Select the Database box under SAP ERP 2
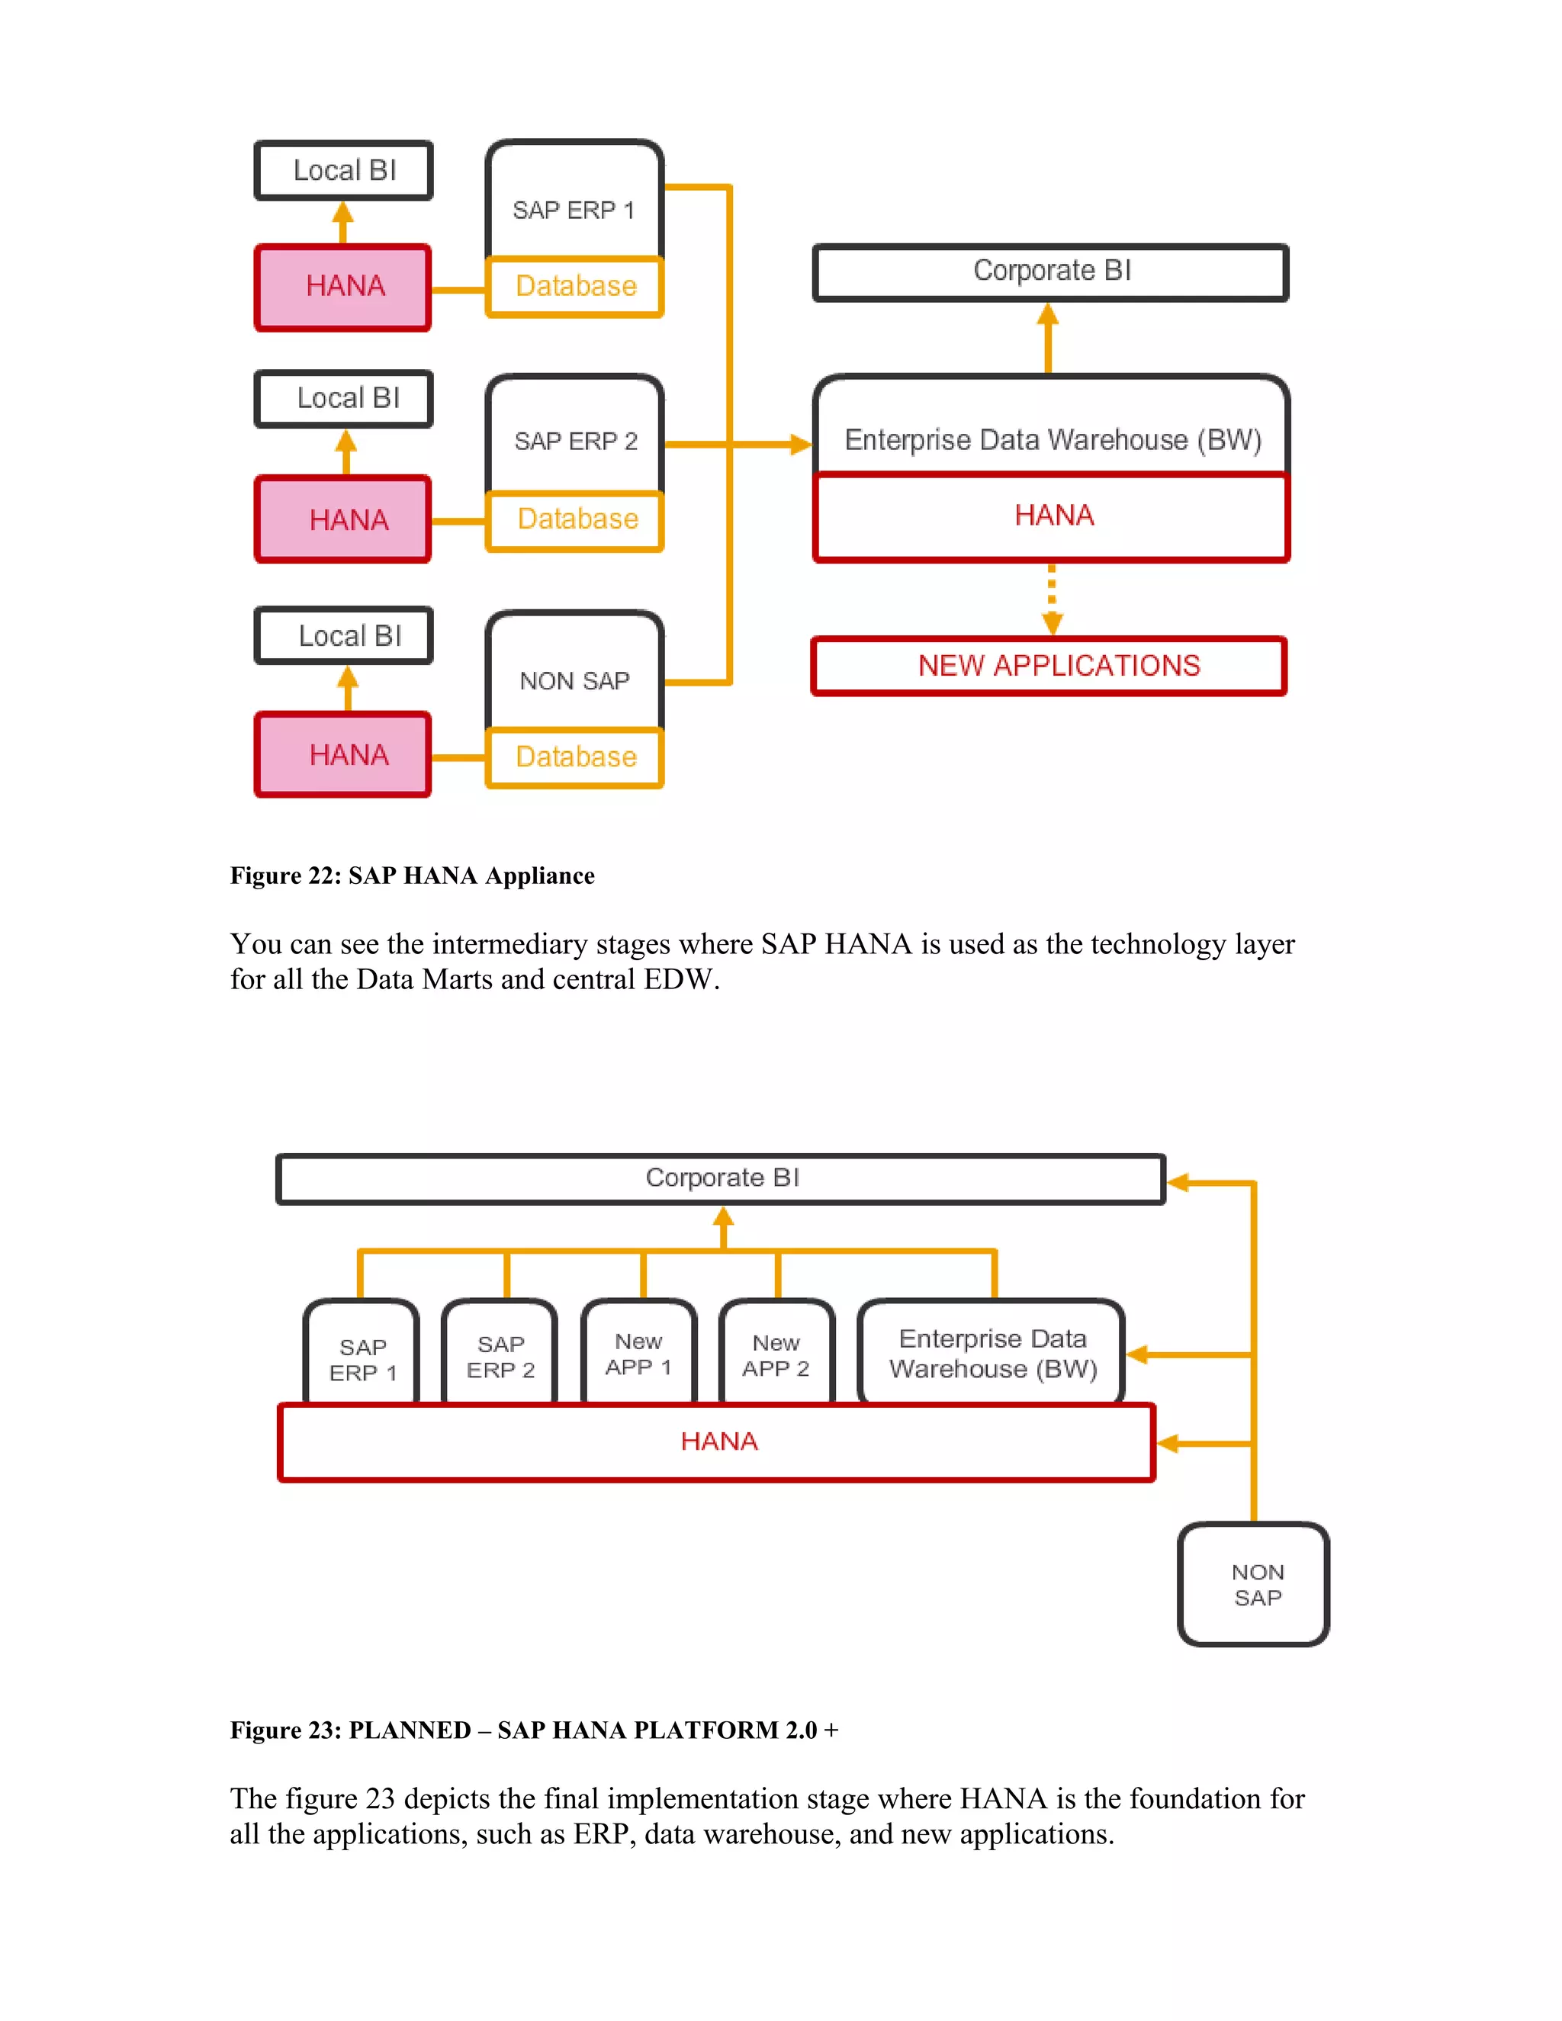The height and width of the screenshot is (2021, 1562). click(x=576, y=521)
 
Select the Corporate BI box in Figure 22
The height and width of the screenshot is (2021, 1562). click(x=1050, y=272)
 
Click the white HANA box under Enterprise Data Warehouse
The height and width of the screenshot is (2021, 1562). click(x=1051, y=516)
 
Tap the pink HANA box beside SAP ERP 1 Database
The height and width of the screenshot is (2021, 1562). click(x=343, y=287)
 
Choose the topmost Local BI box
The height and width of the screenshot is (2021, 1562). click(x=343, y=170)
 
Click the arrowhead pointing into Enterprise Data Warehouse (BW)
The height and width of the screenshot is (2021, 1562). click(x=799, y=444)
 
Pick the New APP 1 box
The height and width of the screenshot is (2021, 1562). click(x=638, y=1353)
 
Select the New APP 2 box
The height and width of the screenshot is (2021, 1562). click(x=776, y=1354)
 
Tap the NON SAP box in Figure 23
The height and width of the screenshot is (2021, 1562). click(x=1254, y=1584)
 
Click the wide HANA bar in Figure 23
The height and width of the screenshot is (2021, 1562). click(x=717, y=1441)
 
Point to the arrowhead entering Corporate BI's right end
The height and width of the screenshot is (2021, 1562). click(x=1178, y=1183)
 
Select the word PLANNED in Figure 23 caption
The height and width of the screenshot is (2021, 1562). click(x=409, y=1730)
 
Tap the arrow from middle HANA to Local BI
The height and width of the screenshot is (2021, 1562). click(x=346, y=452)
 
